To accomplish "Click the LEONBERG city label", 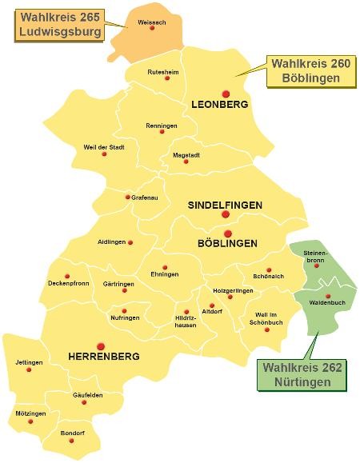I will tap(220, 105).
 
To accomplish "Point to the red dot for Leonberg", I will tap(226, 94).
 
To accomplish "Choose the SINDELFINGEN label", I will tap(225, 206).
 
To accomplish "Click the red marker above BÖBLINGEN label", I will tap(227, 233).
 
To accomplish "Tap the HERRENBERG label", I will tap(104, 356).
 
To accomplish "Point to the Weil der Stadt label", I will tap(104, 147).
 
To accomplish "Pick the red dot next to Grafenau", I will tap(127, 197).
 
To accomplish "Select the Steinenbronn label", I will tap(315, 257).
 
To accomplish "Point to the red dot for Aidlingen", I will tap(130, 241).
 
